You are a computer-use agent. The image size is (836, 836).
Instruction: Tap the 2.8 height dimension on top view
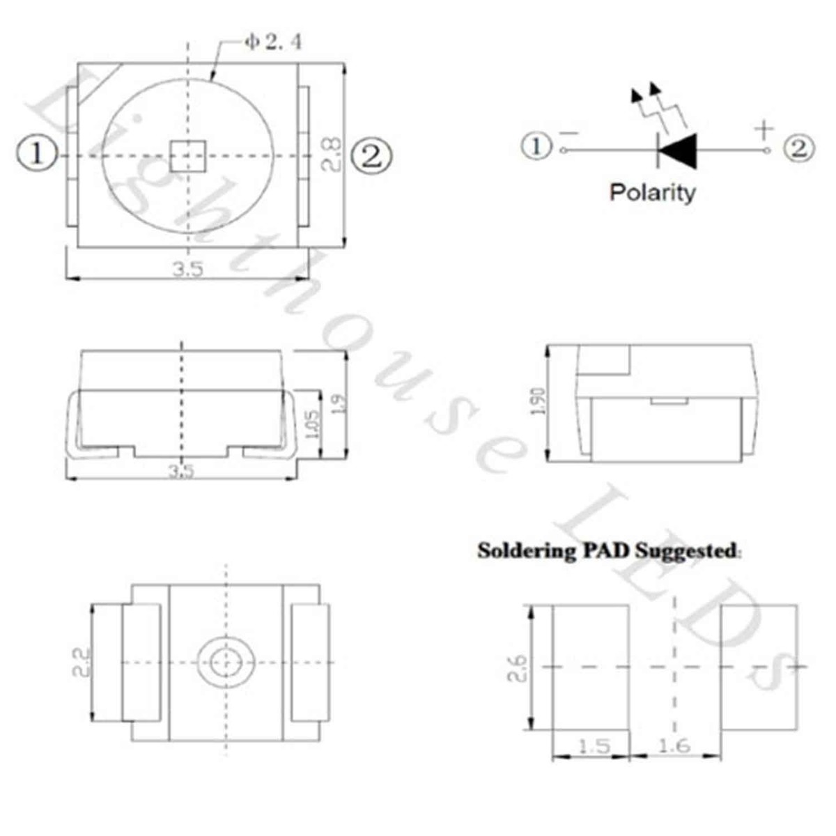332,154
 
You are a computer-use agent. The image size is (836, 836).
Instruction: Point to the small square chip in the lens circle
188,155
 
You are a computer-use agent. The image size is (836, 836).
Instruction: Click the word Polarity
652,192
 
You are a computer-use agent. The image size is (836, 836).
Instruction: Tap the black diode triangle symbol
678,150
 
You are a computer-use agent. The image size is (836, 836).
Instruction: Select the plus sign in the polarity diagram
764,129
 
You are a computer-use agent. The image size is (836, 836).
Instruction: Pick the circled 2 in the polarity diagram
798,148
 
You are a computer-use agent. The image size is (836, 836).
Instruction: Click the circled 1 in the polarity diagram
536,147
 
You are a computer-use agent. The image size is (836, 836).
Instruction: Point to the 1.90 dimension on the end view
538,402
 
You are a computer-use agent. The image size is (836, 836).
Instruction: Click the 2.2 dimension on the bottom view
82,662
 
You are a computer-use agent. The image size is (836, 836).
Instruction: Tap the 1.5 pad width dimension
593,746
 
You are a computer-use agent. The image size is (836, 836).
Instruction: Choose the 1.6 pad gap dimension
674,746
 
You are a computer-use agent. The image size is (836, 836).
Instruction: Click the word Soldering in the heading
525,551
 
